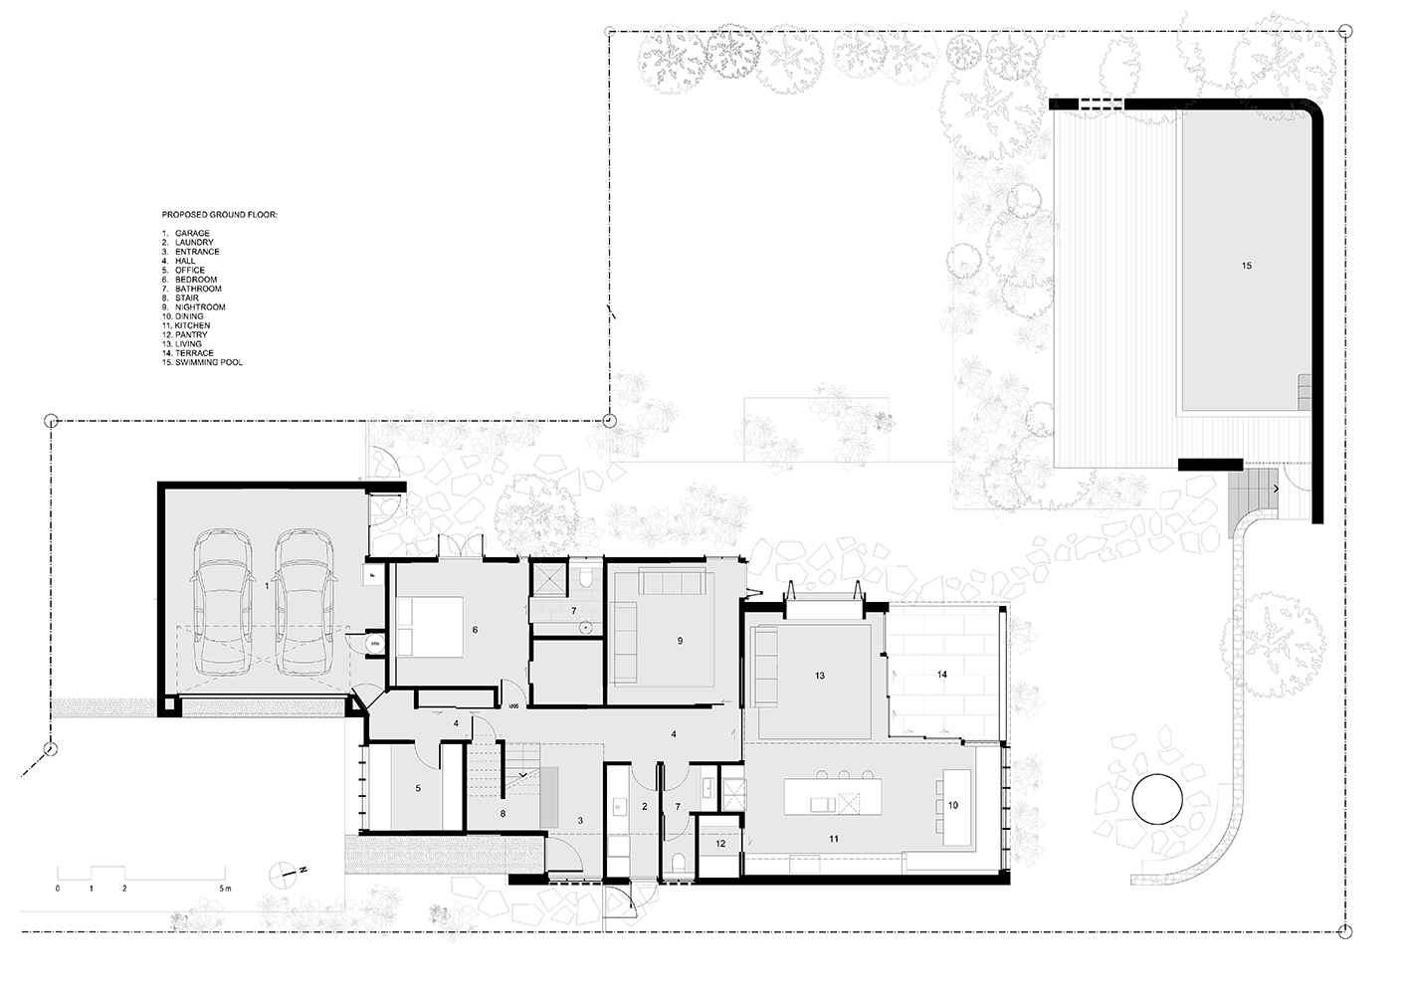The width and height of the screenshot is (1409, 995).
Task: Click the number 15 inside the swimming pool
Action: (1246, 266)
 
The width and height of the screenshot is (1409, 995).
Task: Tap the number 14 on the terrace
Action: (941, 675)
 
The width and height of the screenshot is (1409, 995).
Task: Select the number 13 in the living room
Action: (819, 676)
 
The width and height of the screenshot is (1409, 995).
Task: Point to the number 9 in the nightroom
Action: (680, 640)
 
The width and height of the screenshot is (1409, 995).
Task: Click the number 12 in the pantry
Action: (720, 844)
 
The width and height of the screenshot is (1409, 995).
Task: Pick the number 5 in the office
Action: (418, 788)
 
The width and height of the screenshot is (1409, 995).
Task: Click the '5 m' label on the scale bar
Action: (225, 889)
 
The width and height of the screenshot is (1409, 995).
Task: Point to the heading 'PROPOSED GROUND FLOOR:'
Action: (220, 215)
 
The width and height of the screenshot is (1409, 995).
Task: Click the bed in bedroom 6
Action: (430, 628)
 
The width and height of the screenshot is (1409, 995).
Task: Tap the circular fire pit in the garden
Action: (1157, 800)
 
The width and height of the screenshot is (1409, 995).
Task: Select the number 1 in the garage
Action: (267, 585)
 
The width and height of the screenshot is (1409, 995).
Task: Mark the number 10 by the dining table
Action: (953, 805)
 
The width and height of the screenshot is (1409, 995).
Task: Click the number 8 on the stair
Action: (503, 813)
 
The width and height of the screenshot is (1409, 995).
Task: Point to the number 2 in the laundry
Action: (644, 806)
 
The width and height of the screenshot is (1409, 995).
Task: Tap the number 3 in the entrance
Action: (580, 820)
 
